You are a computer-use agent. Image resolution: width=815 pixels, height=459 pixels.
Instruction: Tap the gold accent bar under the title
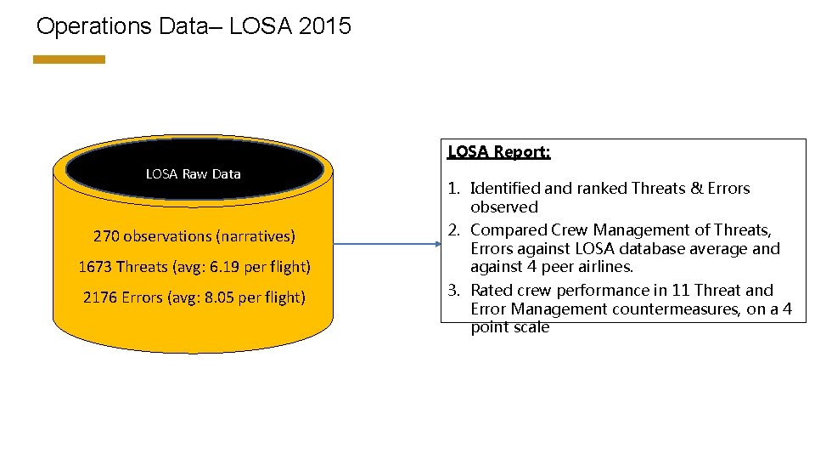pos(69,59)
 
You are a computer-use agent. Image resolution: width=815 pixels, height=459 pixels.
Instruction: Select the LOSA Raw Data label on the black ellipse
pos(193,173)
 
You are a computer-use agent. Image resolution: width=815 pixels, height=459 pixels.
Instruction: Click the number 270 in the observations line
pos(106,235)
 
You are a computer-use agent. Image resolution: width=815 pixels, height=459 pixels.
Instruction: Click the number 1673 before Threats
pos(95,267)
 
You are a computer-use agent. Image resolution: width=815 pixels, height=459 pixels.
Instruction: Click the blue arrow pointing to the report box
pos(386,245)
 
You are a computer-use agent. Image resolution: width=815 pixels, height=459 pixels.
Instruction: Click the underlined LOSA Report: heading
pos(499,152)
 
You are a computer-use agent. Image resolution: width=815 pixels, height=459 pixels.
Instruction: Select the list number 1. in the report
pos(453,189)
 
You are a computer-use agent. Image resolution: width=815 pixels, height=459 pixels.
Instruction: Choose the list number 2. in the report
pos(453,230)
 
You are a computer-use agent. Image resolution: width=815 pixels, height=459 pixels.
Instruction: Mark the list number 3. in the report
pos(453,291)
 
